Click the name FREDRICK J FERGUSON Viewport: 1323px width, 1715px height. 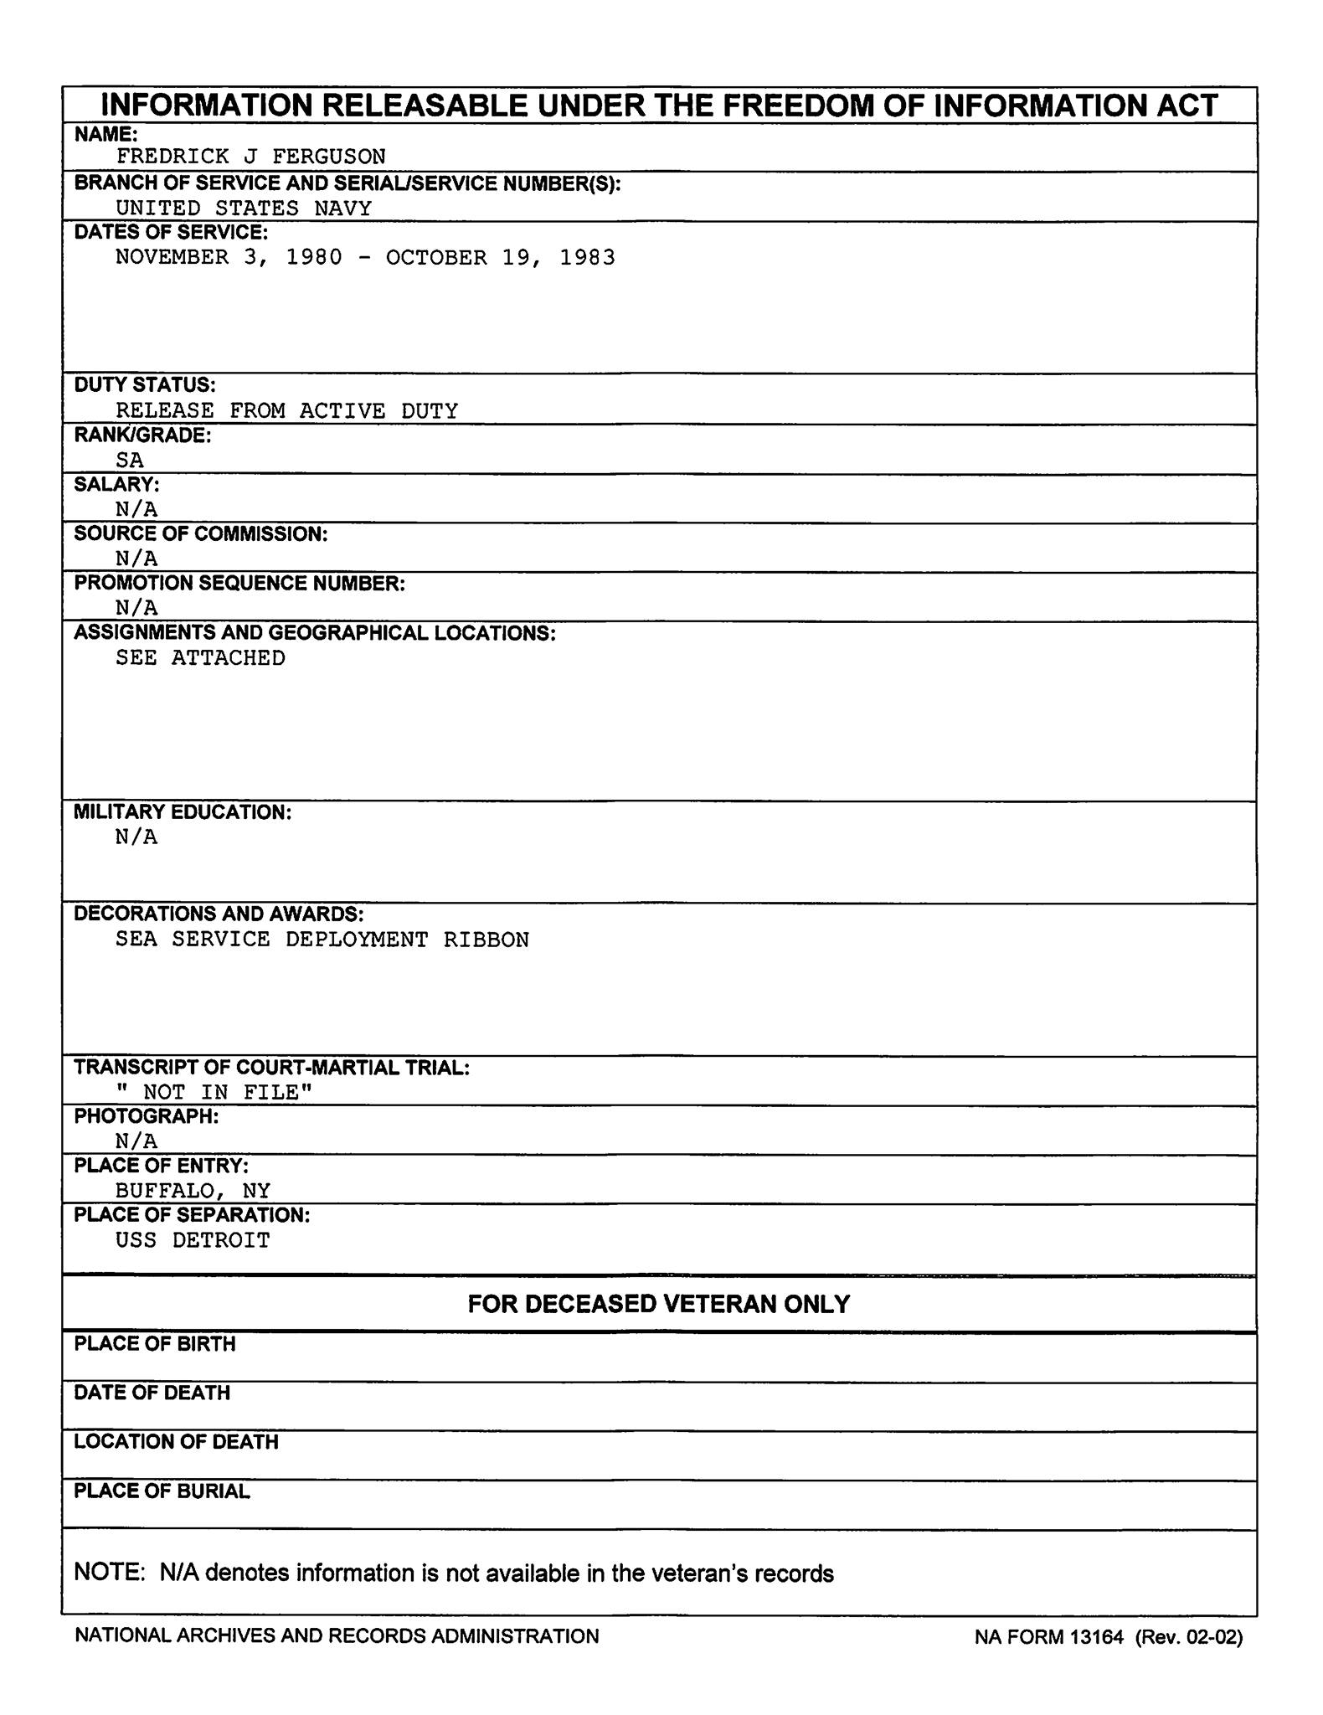[x=250, y=157]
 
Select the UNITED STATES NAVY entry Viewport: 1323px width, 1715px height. [x=243, y=209]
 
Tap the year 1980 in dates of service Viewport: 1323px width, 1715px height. [x=314, y=257]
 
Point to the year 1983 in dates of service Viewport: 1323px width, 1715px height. [x=587, y=257]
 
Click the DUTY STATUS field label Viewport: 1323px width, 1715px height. [x=145, y=385]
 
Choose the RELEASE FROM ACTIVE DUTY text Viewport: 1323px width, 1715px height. [x=286, y=411]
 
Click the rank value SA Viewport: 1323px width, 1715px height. [x=130, y=461]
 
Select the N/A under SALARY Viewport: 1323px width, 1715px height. [x=136, y=509]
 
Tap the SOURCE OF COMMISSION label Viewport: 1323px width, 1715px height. [x=201, y=534]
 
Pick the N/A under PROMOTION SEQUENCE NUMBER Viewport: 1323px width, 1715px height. [x=136, y=608]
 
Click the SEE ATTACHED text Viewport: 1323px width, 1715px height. [x=200, y=658]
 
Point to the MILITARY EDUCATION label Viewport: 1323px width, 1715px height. [x=183, y=812]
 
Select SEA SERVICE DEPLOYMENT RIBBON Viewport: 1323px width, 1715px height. [x=322, y=940]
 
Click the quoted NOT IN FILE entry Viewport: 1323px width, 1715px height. [x=214, y=1092]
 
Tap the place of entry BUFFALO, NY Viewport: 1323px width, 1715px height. [x=193, y=1191]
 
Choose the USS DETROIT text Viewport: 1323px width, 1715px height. [x=193, y=1240]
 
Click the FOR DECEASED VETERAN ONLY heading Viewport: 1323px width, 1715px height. [x=659, y=1304]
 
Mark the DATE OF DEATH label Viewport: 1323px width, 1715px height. [x=152, y=1393]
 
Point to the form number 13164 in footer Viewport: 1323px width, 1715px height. [x=1095, y=1637]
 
